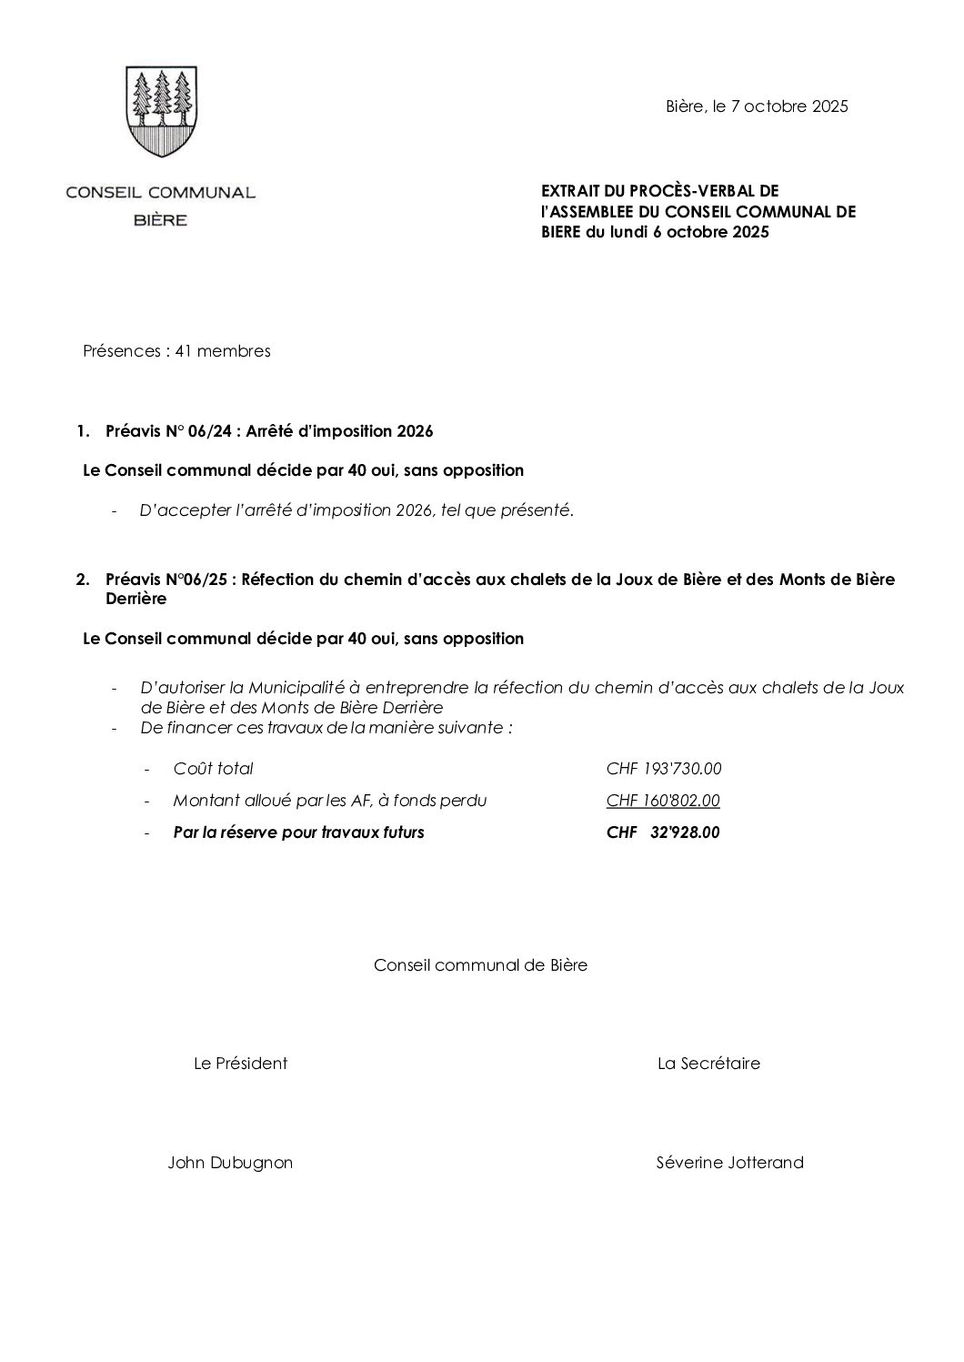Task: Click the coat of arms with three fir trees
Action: coord(161,112)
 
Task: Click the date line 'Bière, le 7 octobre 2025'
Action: coord(757,106)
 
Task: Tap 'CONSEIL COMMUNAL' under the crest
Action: coord(160,193)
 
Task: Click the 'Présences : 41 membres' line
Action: coord(176,351)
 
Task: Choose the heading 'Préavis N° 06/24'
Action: coord(170,430)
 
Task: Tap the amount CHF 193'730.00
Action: coord(664,769)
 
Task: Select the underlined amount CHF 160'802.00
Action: coord(663,801)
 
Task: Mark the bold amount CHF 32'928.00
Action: coord(663,832)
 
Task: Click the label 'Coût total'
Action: coord(213,769)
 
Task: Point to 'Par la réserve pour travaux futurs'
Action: coord(298,832)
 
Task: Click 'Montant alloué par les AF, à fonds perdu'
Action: coord(329,801)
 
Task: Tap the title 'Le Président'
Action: coord(240,1064)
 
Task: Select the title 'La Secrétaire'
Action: coord(708,1064)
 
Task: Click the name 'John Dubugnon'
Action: coord(230,1163)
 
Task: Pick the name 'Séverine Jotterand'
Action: coord(729,1163)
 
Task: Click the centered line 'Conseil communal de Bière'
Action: coord(480,965)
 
